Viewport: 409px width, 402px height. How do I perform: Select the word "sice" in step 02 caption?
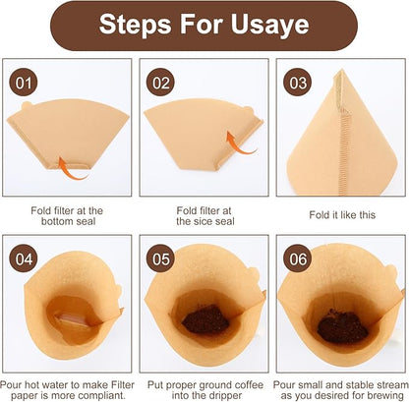[x=196, y=222]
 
